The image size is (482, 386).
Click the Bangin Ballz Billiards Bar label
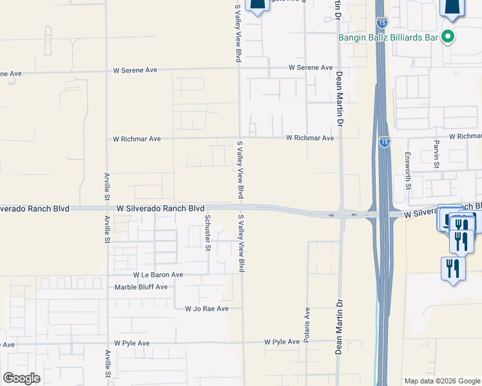(389, 37)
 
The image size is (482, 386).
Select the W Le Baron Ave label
(159, 275)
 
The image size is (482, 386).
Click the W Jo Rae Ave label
(207, 309)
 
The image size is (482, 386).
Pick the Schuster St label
(207, 232)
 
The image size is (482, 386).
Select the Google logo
(22, 378)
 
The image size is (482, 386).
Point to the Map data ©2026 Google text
(442, 381)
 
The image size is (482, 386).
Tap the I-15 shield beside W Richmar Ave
(384, 142)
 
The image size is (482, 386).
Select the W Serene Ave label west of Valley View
(136, 69)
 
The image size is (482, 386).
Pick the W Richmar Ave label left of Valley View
(137, 138)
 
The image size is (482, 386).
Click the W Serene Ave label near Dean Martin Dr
(311, 68)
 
